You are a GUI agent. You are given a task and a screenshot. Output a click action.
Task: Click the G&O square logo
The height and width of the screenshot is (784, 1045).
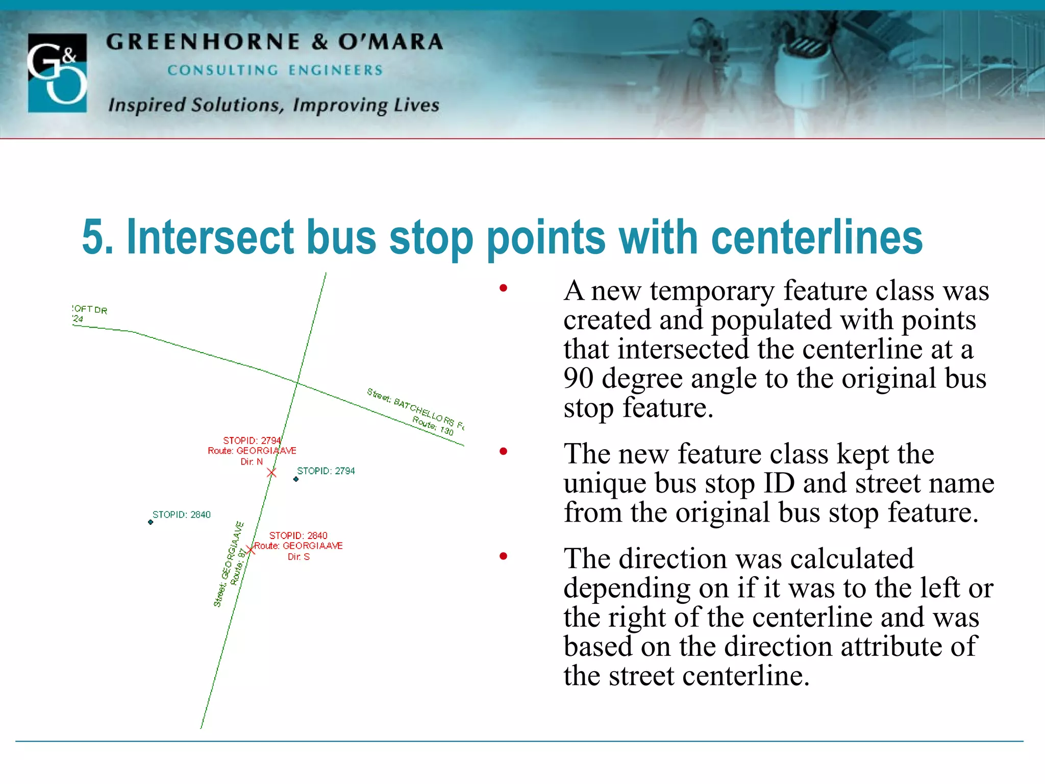(x=57, y=72)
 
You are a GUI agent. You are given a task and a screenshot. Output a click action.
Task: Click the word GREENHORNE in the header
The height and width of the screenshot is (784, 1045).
(x=203, y=42)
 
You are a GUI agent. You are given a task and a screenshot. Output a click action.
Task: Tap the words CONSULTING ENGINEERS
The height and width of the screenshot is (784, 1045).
(x=275, y=70)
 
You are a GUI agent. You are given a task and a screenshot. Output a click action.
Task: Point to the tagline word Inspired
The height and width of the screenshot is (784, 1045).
(x=147, y=105)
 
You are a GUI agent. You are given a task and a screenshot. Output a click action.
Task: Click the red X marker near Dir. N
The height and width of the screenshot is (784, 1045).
(x=271, y=473)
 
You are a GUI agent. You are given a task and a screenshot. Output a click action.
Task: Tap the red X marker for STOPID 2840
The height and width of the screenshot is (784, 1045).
(x=250, y=550)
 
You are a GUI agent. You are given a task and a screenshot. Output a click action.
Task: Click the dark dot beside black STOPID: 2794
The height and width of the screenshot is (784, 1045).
(x=296, y=479)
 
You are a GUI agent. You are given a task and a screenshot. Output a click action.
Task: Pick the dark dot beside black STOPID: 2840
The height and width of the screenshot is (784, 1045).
(x=151, y=522)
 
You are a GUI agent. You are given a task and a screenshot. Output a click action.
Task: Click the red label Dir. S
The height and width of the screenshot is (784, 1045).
(x=298, y=557)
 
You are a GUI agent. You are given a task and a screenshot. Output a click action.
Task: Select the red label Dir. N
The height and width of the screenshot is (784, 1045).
(x=252, y=461)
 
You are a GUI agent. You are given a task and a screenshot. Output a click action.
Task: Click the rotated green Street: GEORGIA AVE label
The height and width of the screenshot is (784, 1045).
(x=228, y=564)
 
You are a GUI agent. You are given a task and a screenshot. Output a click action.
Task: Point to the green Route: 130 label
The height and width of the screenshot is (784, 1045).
(x=433, y=425)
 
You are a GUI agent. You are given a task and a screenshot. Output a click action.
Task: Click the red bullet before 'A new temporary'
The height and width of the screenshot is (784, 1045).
(x=504, y=288)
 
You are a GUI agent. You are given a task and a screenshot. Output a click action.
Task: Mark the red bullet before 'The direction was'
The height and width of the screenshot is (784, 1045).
(x=504, y=556)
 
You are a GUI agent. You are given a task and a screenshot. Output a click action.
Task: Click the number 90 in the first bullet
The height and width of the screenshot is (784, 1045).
(x=579, y=378)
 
